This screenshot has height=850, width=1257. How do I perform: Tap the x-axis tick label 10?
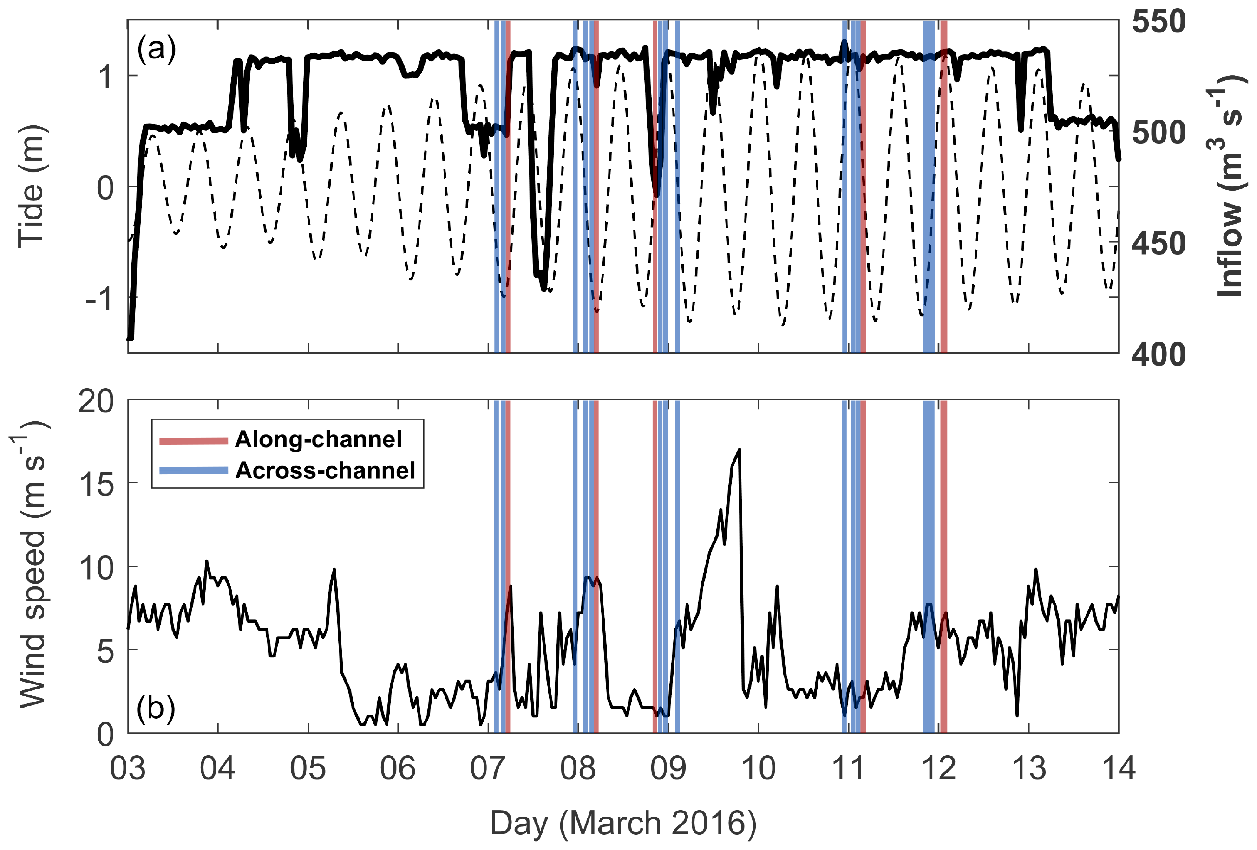point(758,768)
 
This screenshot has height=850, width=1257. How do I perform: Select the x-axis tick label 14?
point(1118,768)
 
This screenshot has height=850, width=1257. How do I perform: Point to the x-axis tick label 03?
point(128,768)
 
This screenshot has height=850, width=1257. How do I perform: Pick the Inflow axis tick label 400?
point(1159,354)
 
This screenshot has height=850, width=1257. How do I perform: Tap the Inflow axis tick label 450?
point(1159,244)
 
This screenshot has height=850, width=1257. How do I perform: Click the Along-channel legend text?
point(319,439)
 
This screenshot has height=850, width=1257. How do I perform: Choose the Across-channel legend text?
point(326,470)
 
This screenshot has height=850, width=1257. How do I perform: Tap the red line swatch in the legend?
point(193,440)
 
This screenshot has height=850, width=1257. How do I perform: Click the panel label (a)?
point(157,50)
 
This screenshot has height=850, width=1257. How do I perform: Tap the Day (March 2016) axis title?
point(623,824)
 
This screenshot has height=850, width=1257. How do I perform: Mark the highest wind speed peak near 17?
point(739,449)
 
